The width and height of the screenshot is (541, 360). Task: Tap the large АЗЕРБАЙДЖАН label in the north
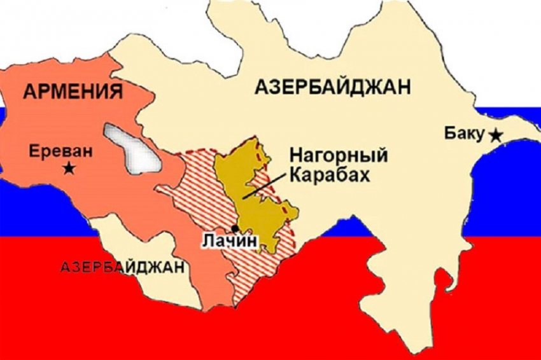coord(332,87)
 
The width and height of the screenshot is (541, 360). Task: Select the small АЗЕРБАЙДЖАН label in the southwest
coord(123,267)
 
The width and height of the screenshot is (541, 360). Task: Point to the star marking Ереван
coord(67,169)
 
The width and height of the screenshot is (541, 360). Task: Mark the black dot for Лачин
coord(235,228)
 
